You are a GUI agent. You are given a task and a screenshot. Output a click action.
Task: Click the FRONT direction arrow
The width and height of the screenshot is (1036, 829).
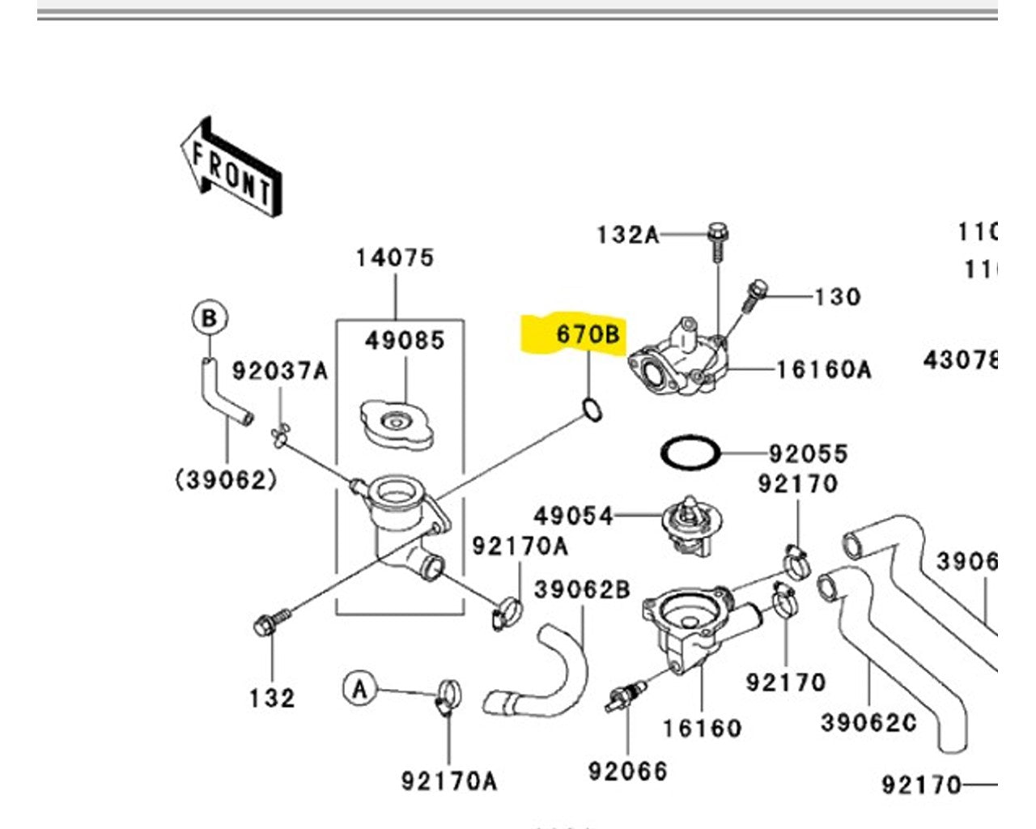coord(231,168)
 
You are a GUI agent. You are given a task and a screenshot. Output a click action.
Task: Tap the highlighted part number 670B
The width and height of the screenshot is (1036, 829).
coord(588,334)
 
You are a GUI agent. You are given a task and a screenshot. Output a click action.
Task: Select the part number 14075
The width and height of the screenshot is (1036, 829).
coord(395,257)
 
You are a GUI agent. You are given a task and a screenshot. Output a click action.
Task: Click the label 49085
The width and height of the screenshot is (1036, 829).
coord(405,340)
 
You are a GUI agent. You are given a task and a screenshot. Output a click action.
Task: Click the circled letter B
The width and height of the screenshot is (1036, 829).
coord(209,318)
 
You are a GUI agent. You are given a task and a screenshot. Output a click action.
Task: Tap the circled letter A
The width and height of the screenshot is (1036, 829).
coord(360,689)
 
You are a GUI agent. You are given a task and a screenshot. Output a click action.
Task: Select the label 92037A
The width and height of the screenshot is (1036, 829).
coord(280,371)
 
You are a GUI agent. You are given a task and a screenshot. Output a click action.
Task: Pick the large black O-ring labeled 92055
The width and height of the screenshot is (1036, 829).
coord(690,453)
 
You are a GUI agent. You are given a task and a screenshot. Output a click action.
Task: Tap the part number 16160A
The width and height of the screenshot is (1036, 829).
coord(824,370)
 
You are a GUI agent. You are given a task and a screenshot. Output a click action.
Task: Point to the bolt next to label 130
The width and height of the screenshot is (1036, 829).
coord(754,296)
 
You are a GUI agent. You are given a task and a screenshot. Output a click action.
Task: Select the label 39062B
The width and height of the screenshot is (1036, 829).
coord(583,589)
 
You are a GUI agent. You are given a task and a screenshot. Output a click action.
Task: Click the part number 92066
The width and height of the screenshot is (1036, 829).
coord(628,772)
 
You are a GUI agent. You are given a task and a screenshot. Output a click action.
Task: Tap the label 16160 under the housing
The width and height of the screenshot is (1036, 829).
coord(702,728)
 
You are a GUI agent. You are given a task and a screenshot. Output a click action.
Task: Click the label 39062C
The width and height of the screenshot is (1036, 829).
coord(868,722)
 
